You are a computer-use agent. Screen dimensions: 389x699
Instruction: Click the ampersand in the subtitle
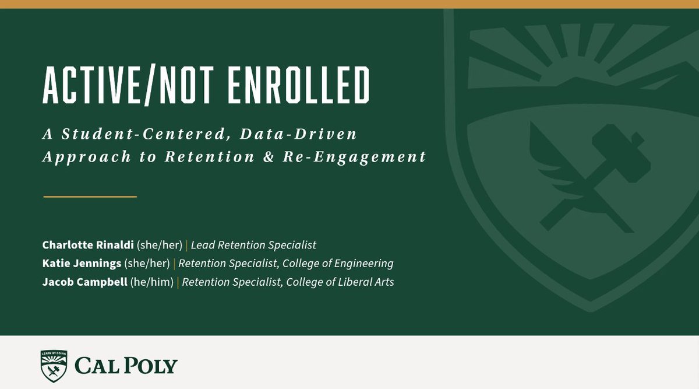pyautogui.click(x=285, y=157)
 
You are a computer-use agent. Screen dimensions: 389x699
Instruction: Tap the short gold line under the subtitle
pyautogui.click(x=90, y=197)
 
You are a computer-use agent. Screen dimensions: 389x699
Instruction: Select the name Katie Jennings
pyautogui.click(x=82, y=264)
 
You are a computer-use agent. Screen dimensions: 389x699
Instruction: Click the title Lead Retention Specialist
pyautogui.click(x=253, y=244)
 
